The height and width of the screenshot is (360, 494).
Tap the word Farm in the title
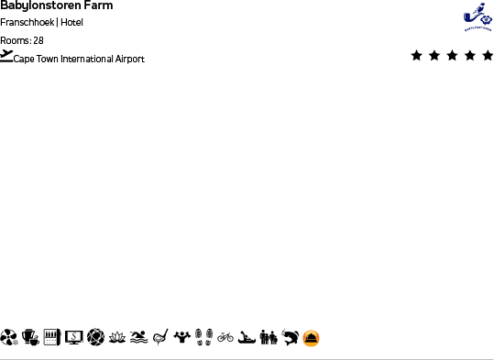pos(98,5)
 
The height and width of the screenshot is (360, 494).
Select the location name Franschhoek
pos(27,22)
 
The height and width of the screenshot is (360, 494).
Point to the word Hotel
pos(71,22)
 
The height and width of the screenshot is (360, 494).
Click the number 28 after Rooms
pos(38,40)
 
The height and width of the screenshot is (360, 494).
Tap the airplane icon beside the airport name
pos(7,56)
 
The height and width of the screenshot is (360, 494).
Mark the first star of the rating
pos(417,56)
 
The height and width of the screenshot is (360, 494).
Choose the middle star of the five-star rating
pos(452,56)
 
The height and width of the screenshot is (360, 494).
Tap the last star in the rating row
pos(486,56)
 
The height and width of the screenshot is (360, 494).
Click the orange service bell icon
pos(312,338)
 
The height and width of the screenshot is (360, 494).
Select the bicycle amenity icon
pos(225,337)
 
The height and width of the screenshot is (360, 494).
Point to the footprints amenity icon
pos(203,337)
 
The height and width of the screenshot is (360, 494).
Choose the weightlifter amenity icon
pos(182,337)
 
